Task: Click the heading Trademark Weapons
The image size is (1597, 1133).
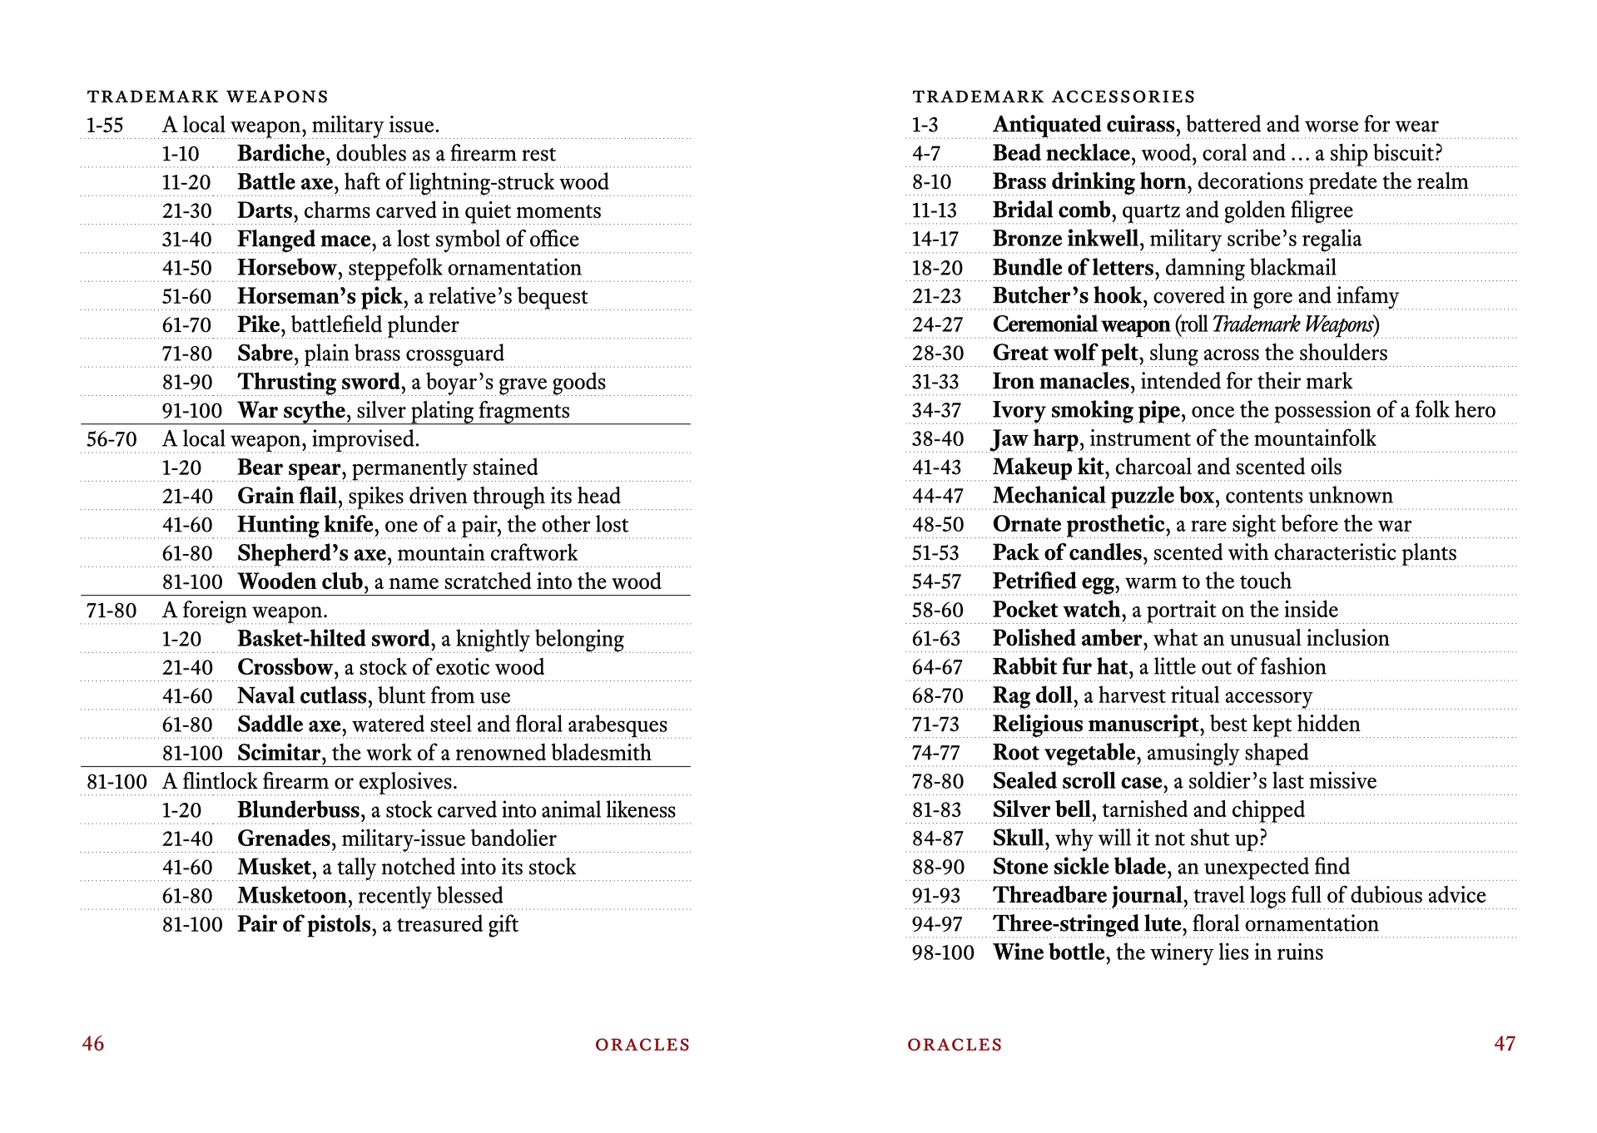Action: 208,96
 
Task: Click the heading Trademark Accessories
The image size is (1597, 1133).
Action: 1054,96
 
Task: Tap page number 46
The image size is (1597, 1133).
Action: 93,1044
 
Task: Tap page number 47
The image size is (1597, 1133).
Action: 1505,1044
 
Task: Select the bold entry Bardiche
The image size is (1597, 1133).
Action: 280,154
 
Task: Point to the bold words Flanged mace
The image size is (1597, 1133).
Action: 304,240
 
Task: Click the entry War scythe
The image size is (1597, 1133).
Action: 291,411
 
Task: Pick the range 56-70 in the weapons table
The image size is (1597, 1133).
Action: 112,439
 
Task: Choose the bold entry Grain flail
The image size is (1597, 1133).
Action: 287,497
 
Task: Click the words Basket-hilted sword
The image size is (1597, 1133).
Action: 334,639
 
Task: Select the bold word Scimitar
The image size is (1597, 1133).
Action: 279,754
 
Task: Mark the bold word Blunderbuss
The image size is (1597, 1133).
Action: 299,810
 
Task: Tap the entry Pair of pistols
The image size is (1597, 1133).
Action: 304,924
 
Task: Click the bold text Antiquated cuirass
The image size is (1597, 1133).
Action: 1084,125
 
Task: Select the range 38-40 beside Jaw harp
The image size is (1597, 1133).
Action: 938,439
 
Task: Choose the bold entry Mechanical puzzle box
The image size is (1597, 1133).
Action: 1104,497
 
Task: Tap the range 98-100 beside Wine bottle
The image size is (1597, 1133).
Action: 943,952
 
